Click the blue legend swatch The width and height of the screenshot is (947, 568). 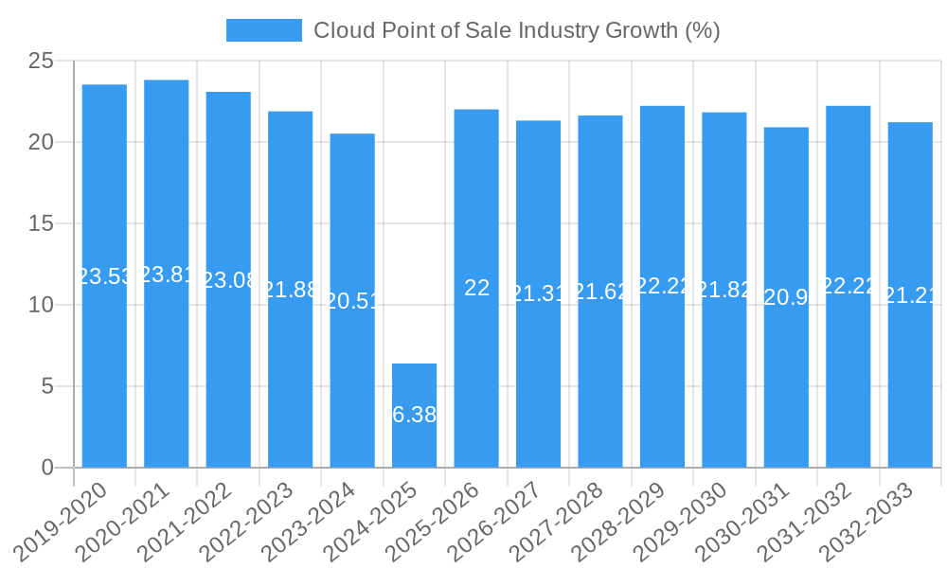263,30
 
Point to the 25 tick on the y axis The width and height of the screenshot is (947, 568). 42,62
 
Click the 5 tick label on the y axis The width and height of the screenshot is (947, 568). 48,386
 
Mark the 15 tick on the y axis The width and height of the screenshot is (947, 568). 42,224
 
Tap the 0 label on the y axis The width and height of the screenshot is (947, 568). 48,468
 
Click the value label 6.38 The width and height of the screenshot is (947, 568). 414,415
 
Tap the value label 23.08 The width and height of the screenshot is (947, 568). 228,280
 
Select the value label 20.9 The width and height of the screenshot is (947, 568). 786,297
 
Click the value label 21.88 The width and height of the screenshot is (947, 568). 290,290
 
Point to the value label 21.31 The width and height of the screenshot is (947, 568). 538,293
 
